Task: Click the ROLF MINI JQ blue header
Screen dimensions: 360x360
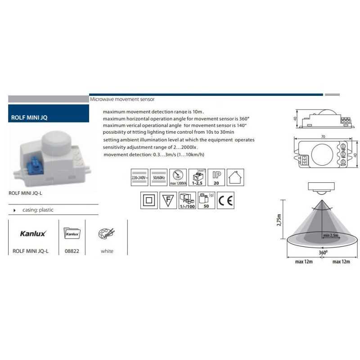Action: [49, 117]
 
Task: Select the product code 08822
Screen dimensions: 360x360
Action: [72, 251]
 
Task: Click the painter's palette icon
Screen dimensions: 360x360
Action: [106, 234]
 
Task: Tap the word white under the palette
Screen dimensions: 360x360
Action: [107, 251]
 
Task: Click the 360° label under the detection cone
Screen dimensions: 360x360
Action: [323, 252]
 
